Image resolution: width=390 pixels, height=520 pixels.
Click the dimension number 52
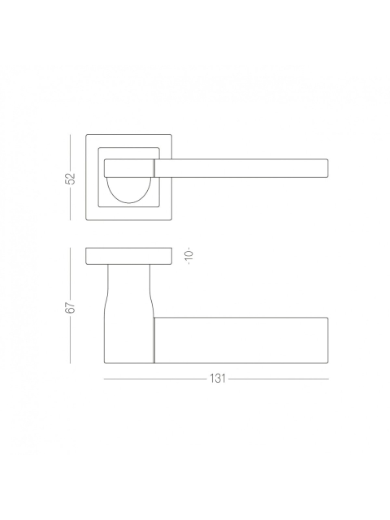71,178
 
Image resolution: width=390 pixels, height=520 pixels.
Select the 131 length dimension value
218,379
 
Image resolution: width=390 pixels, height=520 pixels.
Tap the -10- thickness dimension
189,256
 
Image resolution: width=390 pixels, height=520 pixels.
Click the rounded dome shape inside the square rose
128,190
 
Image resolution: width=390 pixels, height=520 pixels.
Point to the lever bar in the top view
241,168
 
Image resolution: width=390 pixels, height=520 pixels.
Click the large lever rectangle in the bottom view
241,340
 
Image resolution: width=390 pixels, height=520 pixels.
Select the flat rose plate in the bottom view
128,256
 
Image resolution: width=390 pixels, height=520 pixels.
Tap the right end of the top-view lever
328,168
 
